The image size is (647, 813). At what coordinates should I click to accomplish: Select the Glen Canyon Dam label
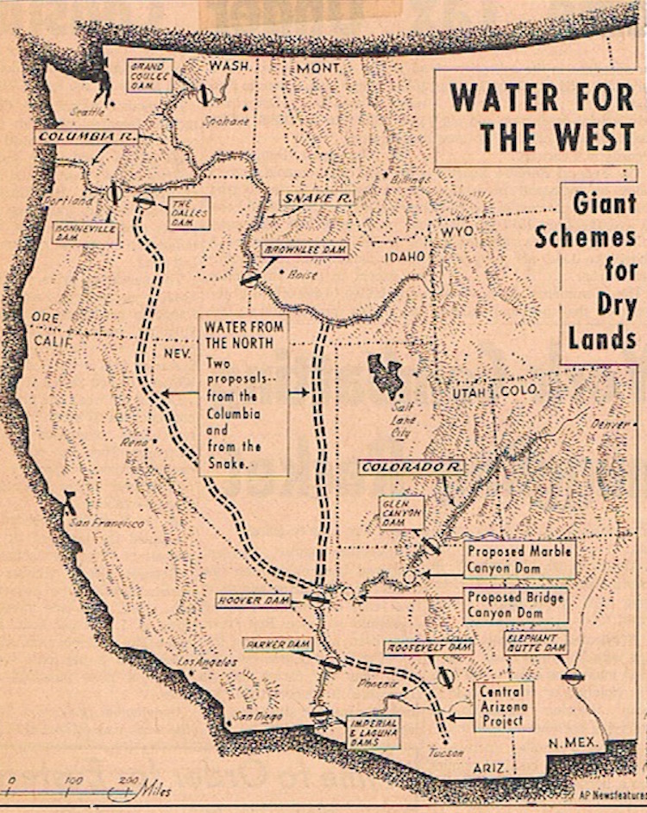401,512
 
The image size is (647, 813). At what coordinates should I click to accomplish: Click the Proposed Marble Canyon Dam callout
519,560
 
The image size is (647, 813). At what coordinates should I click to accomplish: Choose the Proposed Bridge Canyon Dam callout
516,604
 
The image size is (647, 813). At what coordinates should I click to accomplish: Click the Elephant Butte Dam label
537,642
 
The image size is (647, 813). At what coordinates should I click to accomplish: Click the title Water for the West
542,116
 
